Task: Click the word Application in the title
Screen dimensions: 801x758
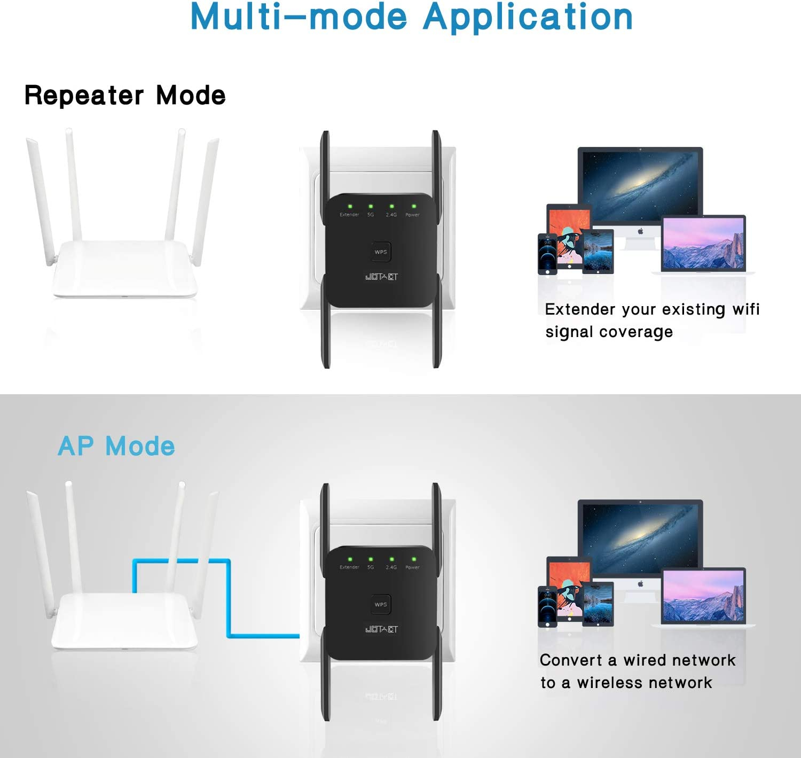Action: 528,17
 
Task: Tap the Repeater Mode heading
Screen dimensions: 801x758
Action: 125,96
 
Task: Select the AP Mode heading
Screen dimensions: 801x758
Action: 116,446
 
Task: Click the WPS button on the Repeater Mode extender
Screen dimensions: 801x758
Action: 381,252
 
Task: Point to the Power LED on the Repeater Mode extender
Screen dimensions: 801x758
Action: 413,206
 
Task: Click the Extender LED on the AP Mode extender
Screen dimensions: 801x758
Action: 350,559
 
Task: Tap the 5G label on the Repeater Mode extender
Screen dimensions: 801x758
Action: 371,215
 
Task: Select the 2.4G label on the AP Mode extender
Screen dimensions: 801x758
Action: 391,567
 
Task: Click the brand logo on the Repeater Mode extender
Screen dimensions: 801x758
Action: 381,277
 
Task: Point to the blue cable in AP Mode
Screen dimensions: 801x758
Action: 229,598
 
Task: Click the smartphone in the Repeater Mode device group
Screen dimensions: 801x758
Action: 547,254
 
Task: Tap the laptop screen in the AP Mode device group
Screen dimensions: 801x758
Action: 703,595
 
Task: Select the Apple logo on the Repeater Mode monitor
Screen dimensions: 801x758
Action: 640,231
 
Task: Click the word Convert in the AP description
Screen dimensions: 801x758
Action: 570,660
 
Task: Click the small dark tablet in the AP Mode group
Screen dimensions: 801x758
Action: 598,604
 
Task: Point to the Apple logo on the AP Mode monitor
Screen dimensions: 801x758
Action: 640,584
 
